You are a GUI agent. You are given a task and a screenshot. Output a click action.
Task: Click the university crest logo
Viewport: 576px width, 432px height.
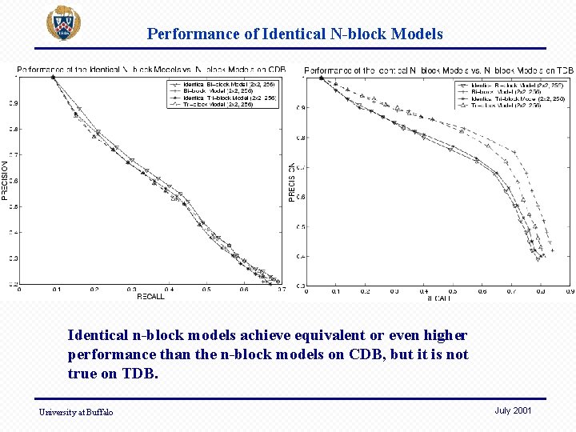(x=63, y=24)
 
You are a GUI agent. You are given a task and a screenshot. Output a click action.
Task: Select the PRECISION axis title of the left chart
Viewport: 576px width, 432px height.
(x=5, y=180)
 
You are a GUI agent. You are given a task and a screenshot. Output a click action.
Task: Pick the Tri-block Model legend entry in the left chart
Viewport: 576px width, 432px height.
(x=223, y=104)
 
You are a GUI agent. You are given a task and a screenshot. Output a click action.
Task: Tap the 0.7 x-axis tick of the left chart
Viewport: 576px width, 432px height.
(x=282, y=290)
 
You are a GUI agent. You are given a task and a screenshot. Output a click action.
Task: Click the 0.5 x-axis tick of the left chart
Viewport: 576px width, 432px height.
(x=206, y=290)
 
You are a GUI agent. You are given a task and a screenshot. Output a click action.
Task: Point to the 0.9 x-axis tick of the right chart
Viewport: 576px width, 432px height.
(x=569, y=292)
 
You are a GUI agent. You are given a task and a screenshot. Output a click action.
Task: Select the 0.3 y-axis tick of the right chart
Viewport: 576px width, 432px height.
(x=301, y=286)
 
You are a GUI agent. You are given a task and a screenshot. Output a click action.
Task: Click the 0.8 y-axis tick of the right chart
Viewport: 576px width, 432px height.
(x=301, y=138)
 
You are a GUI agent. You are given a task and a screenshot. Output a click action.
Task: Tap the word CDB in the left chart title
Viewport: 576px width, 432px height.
(x=275, y=70)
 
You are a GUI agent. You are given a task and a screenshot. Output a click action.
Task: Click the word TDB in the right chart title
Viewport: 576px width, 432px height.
(x=564, y=71)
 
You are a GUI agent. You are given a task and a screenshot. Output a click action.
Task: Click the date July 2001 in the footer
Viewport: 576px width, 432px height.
(x=513, y=410)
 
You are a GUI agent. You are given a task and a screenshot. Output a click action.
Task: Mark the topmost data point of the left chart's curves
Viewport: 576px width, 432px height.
(x=54, y=78)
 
